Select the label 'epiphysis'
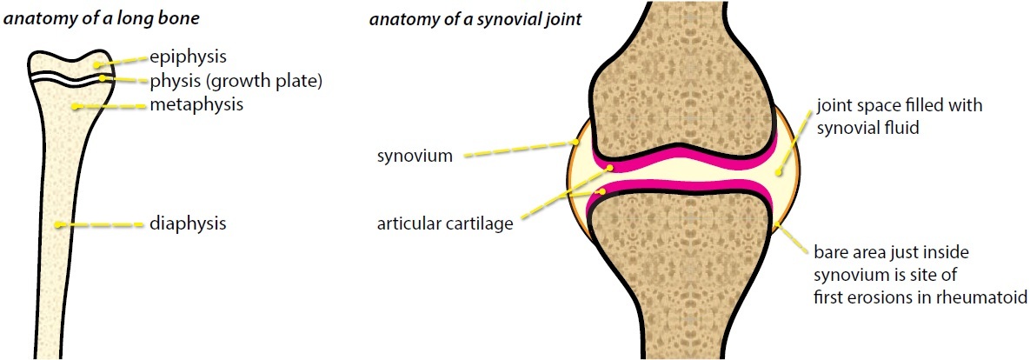pyautogui.click(x=188, y=57)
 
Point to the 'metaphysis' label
pyautogui.click(x=196, y=105)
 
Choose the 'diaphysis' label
pyautogui.click(x=188, y=223)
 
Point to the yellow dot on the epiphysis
pyautogui.click(x=96, y=63)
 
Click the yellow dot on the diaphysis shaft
pyautogui.click(x=59, y=225)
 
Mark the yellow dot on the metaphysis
pyautogui.click(x=76, y=107)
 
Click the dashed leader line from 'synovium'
pyautogui.click(x=517, y=149)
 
